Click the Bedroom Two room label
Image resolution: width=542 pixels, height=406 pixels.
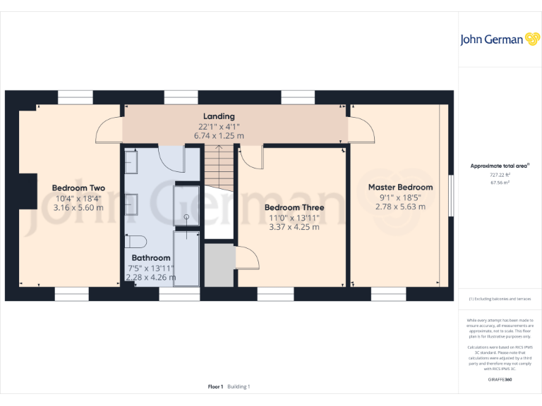coord(78,188)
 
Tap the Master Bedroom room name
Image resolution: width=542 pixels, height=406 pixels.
coord(400,187)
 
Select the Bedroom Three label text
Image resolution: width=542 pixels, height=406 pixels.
coord(294,208)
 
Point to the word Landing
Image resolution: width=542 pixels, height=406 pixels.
coord(219,116)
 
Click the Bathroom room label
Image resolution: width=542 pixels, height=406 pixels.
coord(150,258)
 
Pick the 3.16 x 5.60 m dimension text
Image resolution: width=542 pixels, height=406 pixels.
coord(79,208)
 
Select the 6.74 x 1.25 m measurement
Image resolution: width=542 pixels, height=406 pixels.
coord(219,135)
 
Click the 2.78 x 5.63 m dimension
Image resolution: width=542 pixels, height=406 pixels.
coord(401,207)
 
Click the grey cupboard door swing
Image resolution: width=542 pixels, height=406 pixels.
coord(246,257)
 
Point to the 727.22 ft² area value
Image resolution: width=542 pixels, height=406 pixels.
coord(500,175)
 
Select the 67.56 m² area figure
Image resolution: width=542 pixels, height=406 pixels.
coord(500,182)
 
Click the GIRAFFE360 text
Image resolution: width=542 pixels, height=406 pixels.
coord(500,380)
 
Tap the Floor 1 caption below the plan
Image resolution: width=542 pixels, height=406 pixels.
coord(215,386)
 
